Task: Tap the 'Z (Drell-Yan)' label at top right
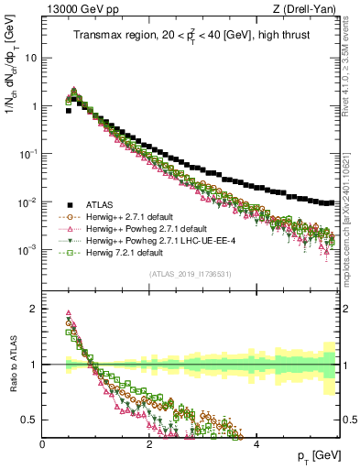pos(308,10)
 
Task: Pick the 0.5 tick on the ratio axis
pos(30,420)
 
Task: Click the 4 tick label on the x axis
pos(256,443)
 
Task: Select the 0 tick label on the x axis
pos(43,443)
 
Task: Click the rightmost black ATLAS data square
pos(332,202)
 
